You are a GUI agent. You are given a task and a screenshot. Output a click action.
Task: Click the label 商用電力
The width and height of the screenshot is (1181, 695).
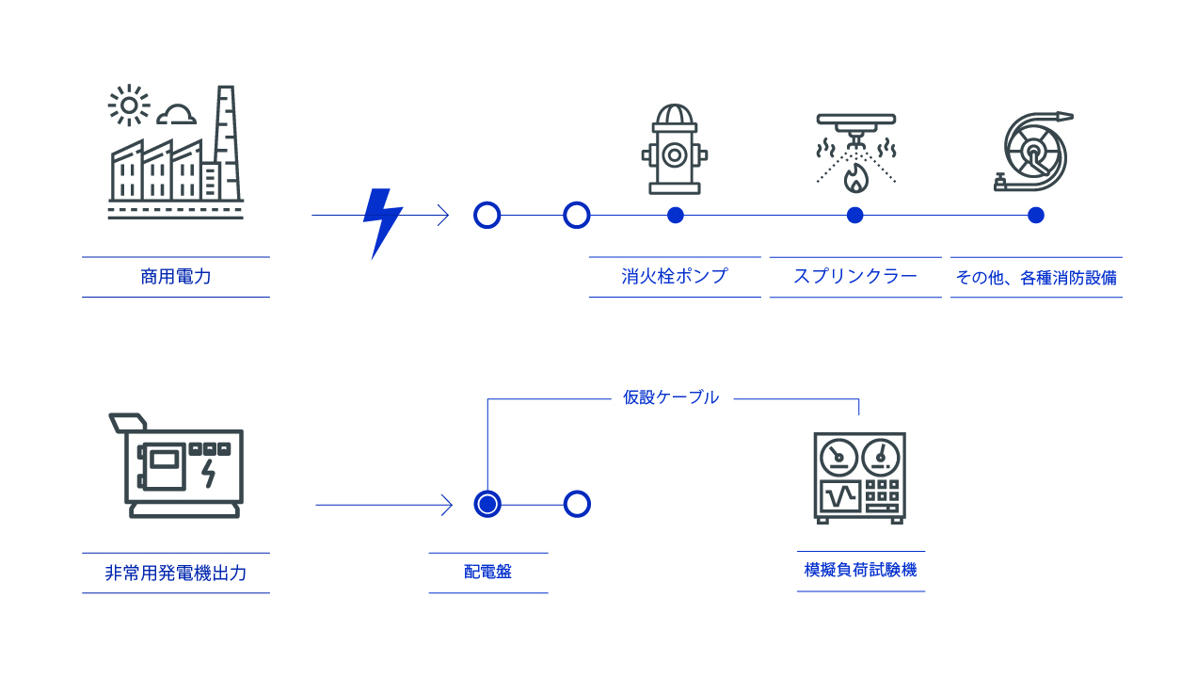click(x=176, y=277)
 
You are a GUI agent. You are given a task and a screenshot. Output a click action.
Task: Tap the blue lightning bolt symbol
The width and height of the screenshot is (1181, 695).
click(x=382, y=222)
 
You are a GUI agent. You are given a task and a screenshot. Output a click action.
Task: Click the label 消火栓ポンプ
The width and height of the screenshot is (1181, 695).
click(x=675, y=277)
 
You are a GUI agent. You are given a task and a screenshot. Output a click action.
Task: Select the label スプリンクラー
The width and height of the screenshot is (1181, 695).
click(x=855, y=277)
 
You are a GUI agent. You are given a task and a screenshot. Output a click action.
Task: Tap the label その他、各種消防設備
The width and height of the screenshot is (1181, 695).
click(x=1036, y=278)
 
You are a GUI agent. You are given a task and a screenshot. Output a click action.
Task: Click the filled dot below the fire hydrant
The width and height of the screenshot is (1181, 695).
click(x=675, y=215)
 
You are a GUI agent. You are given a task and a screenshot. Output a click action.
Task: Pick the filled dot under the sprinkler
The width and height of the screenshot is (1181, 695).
click(x=854, y=215)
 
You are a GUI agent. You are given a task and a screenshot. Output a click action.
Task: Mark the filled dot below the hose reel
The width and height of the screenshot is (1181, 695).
click(x=1035, y=215)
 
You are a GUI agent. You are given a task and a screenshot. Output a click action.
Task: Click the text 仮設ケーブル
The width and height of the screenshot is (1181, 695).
click(x=671, y=397)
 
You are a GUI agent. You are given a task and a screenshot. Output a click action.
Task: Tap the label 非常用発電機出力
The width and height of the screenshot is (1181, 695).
click(x=176, y=573)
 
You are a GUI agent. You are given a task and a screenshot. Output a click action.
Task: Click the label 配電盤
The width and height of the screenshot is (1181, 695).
click(x=487, y=572)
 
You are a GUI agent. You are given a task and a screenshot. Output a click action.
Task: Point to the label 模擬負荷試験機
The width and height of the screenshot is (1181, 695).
click(x=860, y=571)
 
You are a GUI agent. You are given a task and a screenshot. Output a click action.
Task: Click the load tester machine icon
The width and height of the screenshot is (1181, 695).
click(x=859, y=477)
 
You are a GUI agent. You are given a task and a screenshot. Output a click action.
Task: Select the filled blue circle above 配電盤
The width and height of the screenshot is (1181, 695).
click(x=487, y=504)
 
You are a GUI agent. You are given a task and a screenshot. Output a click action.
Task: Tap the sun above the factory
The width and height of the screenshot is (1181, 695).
click(x=128, y=105)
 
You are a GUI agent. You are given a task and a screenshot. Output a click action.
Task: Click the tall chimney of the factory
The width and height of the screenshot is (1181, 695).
click(x=226, y=141)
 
